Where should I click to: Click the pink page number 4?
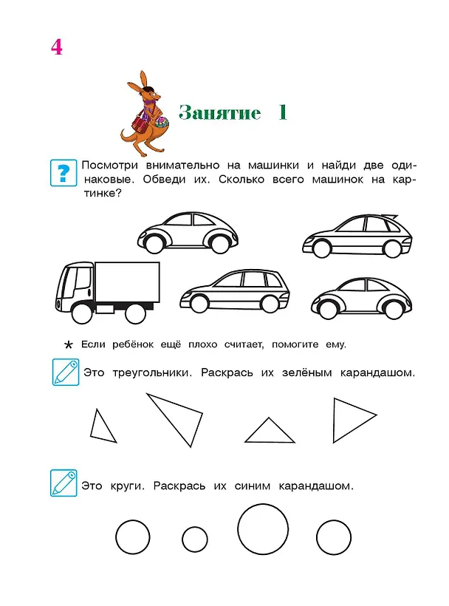[56, 47]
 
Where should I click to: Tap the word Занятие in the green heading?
[219, 112]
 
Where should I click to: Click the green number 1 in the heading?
[283, 112]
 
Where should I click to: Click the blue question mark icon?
[64, 173]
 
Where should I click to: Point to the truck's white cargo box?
[127, 282]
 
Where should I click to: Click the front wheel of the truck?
[82, 313]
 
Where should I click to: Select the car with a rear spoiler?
[357, 235]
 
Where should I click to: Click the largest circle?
[263, 529]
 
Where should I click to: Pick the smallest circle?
[194, 539]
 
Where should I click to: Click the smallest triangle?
[103, 426]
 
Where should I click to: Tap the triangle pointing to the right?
[354, 420]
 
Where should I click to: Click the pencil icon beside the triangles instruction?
[66, 372]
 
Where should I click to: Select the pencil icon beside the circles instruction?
[64, 483]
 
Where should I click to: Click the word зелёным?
[307, 372]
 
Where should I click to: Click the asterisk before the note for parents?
[69, 344]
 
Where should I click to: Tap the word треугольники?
[151, 373]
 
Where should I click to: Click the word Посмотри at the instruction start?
[110, 166]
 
